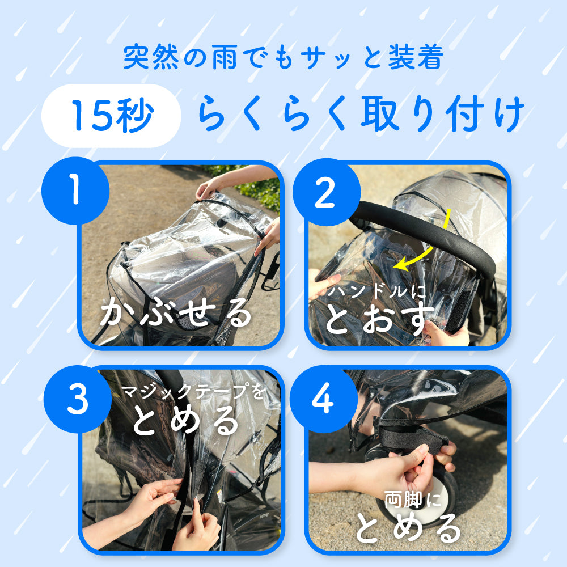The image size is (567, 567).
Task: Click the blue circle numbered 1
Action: click(x=75, y=191)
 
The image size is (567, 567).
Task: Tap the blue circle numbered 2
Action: click(x=326, y=192)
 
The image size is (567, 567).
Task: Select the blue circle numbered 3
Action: click(x=77, y=399)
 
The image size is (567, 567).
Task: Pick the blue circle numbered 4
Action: click(x=324, y=399)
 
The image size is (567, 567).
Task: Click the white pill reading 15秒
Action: click(x=111, y=116)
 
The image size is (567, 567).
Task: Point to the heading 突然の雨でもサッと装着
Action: click(x=283, y=57)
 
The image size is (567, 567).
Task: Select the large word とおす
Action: click(x=379, y=319)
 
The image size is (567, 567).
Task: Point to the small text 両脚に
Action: click(x=412, y=500)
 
